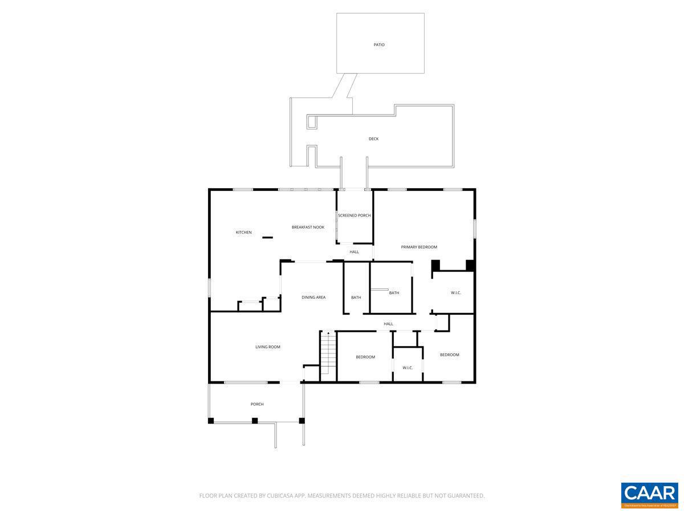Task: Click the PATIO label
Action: pyautogui.click(x=379, y=44)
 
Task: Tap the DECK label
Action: pyautogui.click(x=373, y=139)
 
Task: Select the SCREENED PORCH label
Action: pyautogui.click(x=355, y=215)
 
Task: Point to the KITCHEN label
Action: pyautogui.click(x=243, y=233)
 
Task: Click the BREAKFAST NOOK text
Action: pyautogui.click(x=308, y=227)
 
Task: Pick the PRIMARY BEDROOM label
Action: pyautogui.click(x=419, y=247)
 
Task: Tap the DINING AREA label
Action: pyautogui.click(x=313, y=298)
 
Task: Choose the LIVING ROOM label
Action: pyautogui.click(x=267, y=347)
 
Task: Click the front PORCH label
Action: pyautogui.click(x=257, y=405)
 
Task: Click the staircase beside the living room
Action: pyautogui.click(x=327, y=353)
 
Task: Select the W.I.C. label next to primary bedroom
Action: pyautogui.click(x=455, y=293)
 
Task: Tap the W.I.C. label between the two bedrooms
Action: pyautogui.click(x=408, y=368)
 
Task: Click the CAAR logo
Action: pyautogui.click(x=649, y=494)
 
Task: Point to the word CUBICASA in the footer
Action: pyautogui.click(x=280, y=496)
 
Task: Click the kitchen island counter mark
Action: pyautogui.click(x=267, y=238)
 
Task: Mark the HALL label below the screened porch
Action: pyautogui.click(x=355, y=252)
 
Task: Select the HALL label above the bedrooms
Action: pyautogui.click(x=388, y=324)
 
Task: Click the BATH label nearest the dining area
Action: pyautogui.click(x=356, y=298)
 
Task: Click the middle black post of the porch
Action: pyautogui.click(x=255, y=421)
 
